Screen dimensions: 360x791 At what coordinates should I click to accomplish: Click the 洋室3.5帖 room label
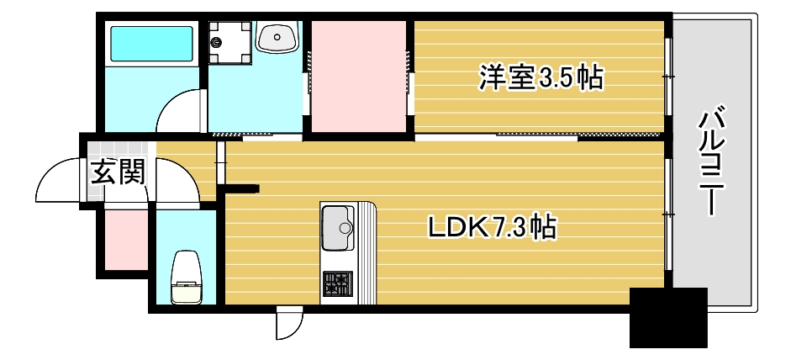coord(541,78)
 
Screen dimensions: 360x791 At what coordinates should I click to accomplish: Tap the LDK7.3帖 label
coord(492,226)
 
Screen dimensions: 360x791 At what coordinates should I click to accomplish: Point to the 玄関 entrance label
coord(118,172)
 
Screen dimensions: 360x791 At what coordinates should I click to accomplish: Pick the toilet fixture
coord(186,278)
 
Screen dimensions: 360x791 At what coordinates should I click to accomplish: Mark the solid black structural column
coord(667,318)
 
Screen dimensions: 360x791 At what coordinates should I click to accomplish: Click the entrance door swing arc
coord(59,181)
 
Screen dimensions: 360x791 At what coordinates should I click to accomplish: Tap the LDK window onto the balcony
coord(668,215)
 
